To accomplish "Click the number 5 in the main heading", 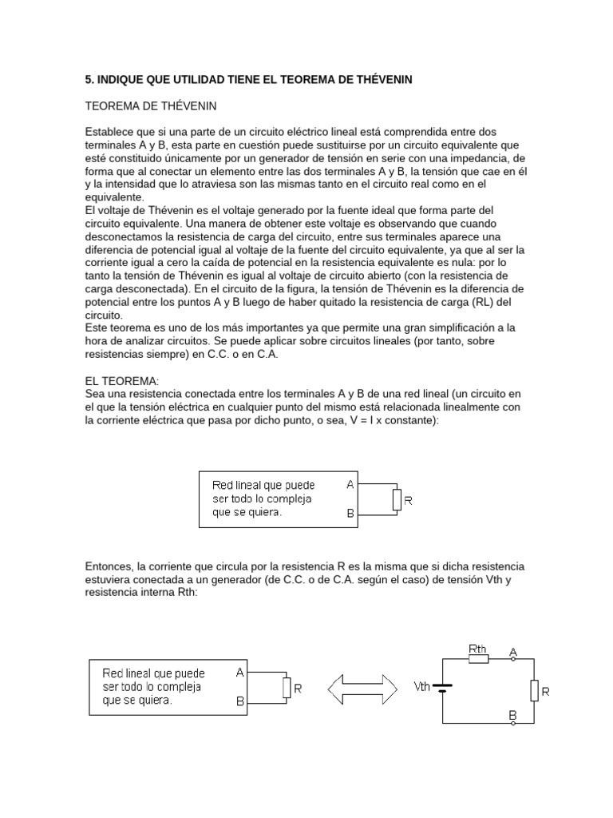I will (x=89, y=79).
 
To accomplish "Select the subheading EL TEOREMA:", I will (x=123, y=383).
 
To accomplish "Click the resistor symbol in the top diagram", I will (x=397, y=500).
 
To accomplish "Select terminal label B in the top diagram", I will (x=350, y=515).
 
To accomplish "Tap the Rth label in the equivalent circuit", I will (x=478, y=649).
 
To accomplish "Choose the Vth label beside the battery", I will (x=422, y=686).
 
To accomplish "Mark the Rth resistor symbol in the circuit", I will (x=478, y=661).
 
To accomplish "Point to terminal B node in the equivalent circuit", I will (x=512, y=722).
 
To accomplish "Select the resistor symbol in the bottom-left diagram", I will (x=287, y=688).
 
